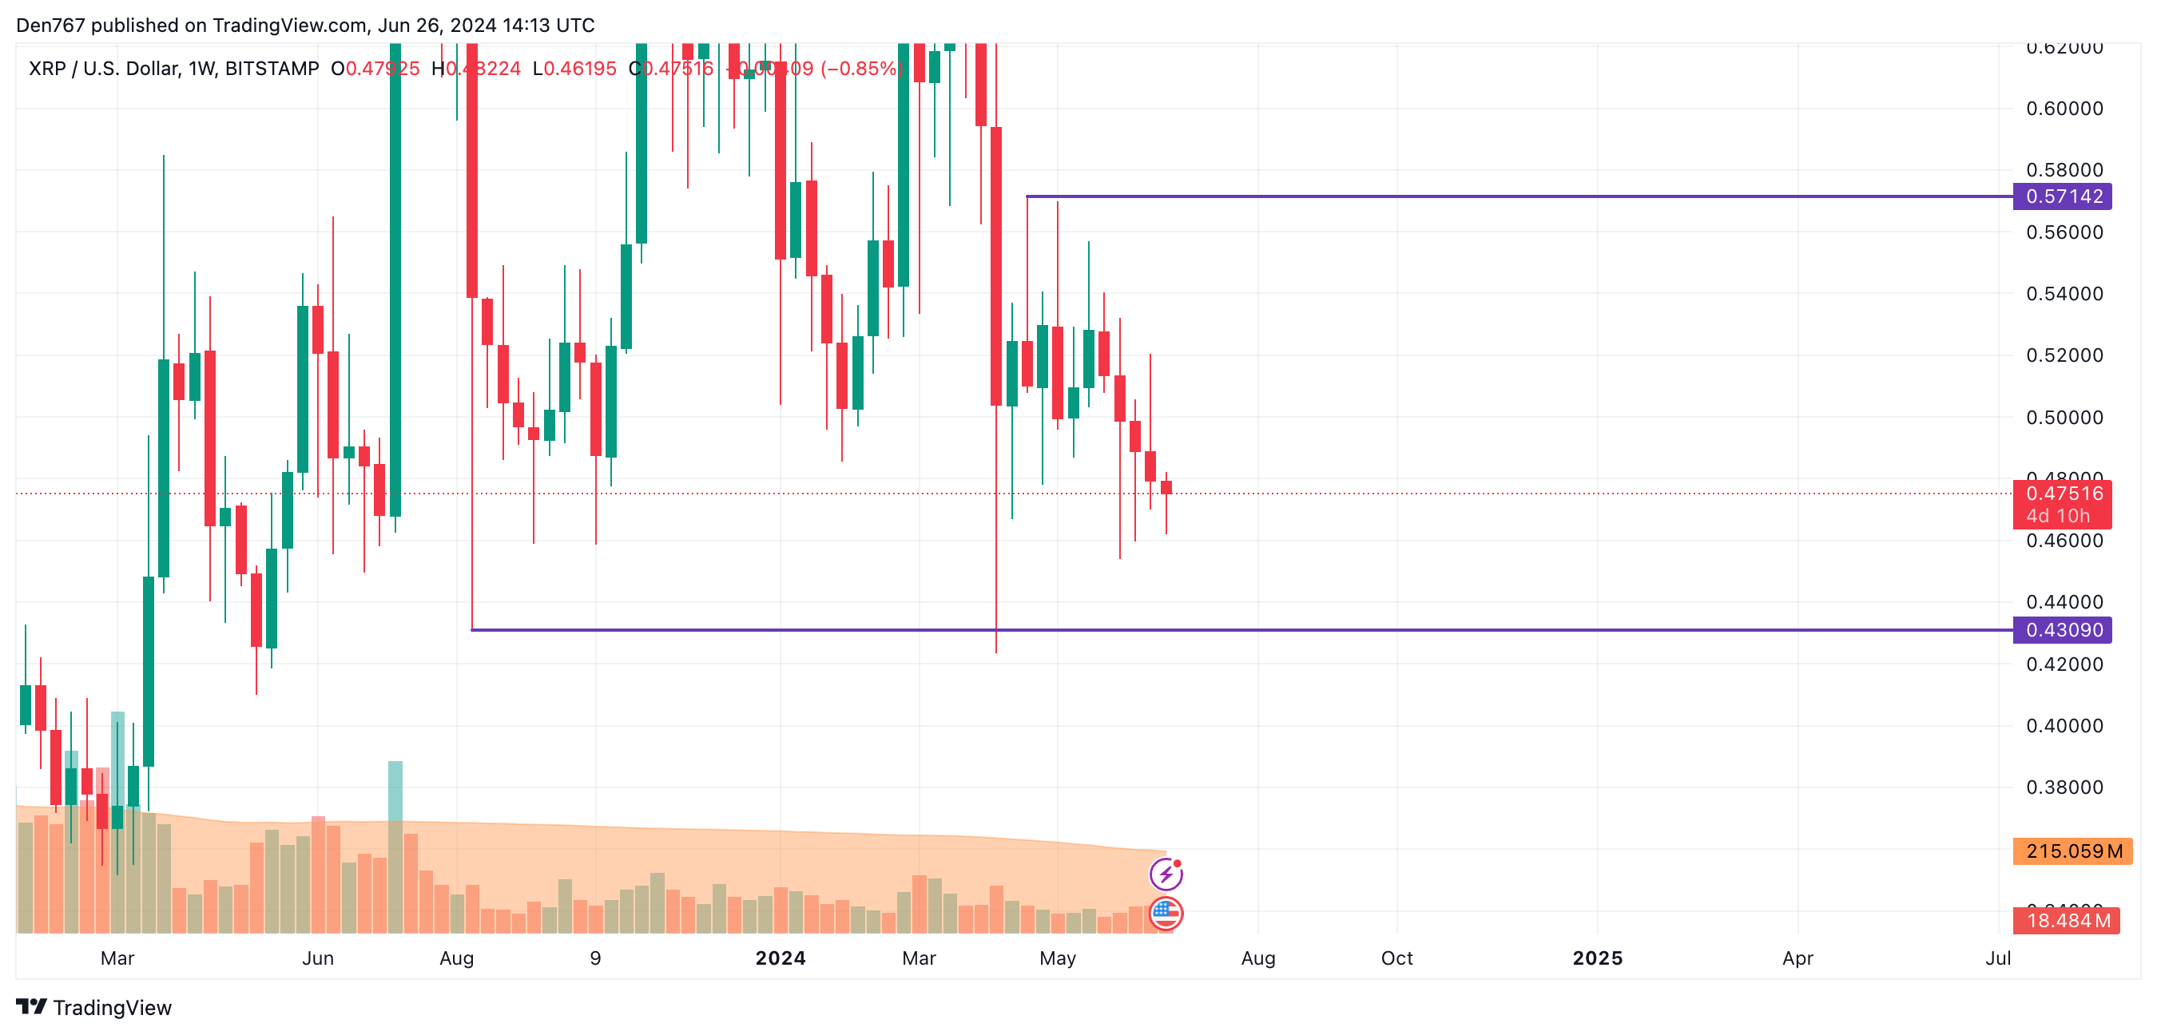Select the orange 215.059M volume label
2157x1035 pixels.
pos(2072,851)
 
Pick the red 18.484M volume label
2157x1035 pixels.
pos(2067,921)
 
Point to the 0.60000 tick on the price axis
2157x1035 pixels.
pos(2064,109)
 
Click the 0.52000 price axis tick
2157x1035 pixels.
pos(2064,355)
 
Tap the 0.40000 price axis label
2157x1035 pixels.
pos(2064,726)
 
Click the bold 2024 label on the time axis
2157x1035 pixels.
pos(780,958)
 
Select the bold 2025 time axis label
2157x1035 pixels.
pos(1597,958)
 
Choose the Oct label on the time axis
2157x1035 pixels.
pos(1396,958)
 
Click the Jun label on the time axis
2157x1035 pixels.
pos(317,958)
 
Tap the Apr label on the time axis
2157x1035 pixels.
pos(1797,958)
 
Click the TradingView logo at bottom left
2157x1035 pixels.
pos(93,1007)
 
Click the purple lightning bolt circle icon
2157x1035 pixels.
pos(1166,874)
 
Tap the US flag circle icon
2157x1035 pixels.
pos(1166,914)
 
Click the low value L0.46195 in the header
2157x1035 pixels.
pos(574,69)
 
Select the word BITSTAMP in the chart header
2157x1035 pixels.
pos(272,69)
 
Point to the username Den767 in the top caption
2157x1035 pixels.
pos(50,25)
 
